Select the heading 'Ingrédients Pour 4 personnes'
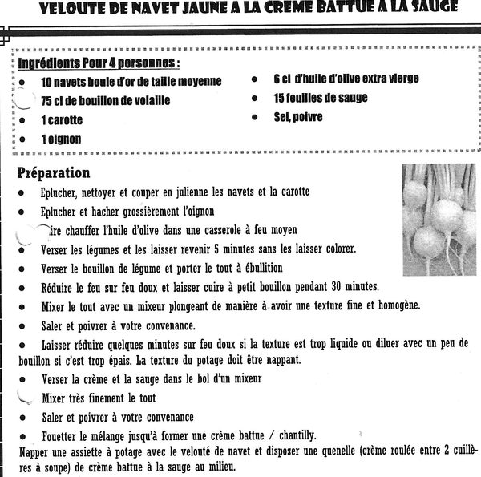pos(99,63)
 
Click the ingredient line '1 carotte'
pos(62,120)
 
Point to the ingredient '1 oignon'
pos(61,139)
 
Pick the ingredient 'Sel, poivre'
pos(298,117)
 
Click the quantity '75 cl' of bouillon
pos(57,101)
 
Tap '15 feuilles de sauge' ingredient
pos(321,98)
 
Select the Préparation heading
pos(54,172)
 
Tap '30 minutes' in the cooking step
pos(350,287)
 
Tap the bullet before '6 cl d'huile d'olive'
pos(253,79)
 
